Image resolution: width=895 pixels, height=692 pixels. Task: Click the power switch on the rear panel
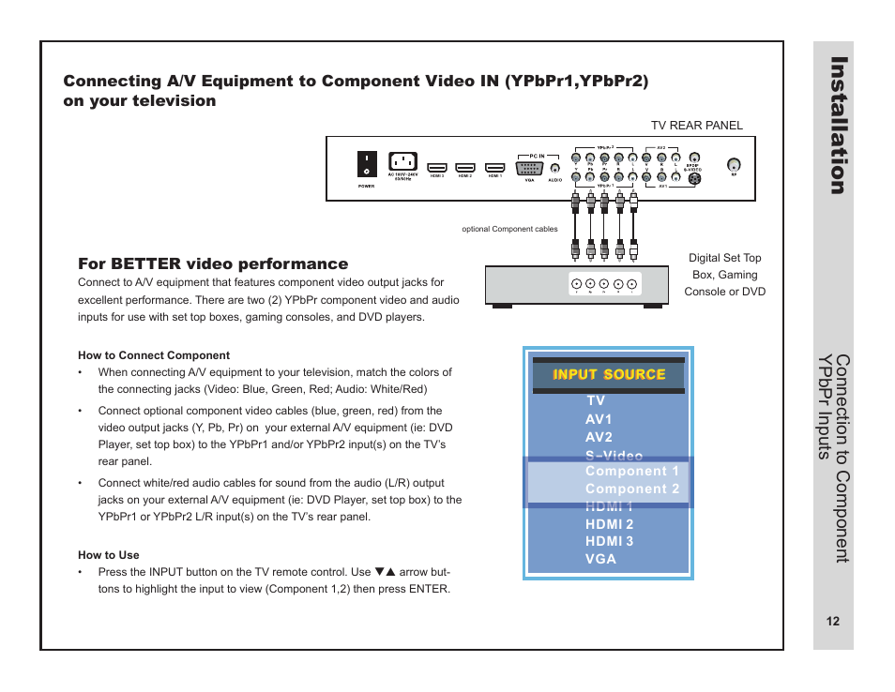[x=366, y=165]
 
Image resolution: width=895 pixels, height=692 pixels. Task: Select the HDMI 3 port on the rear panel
[x=436, y=169]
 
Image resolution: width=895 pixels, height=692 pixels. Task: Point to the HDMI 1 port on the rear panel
[x=495, y=169]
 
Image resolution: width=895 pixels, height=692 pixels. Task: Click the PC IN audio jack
[x=554, y=167]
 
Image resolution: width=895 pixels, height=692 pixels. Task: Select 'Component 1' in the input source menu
[x=631, y=472]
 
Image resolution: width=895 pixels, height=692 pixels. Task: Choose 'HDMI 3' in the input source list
[x=609, y=541]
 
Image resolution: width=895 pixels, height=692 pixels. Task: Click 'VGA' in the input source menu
[x=600, y=559]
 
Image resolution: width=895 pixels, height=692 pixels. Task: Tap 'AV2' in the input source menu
[x=599, y=437]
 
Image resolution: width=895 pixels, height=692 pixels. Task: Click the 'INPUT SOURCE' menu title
[x=609, y=375]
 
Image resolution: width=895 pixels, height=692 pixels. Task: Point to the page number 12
[x=833, y=622]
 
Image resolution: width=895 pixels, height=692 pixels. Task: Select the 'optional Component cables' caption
[x=509, y=229]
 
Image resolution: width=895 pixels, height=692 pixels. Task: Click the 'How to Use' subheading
[x=109, y=555]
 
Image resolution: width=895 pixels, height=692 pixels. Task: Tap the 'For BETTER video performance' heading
[x=213, y=264]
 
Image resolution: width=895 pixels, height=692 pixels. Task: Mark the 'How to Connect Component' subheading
[x=154, y=355]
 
